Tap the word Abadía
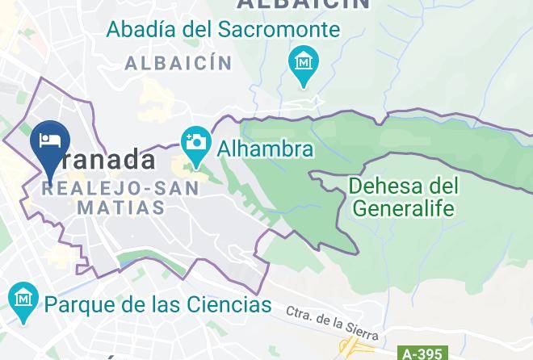[140, 31]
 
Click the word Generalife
[403, 208]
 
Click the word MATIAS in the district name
[121, 207]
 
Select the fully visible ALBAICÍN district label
[178, 63]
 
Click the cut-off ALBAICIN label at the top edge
[303, 4]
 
